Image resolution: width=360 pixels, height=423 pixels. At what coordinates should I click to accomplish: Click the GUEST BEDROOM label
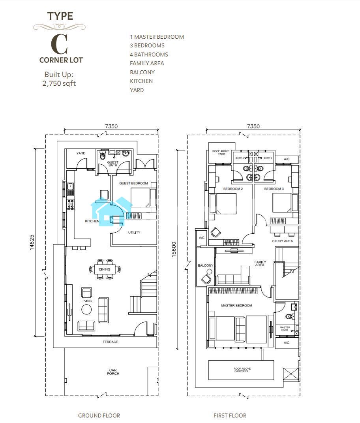[133, 183]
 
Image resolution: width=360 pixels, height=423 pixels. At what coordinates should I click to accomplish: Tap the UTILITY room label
[134, 232]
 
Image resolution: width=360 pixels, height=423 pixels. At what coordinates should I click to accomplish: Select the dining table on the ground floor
[105, 269]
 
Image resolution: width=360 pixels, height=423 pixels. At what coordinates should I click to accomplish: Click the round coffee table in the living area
[86, 309]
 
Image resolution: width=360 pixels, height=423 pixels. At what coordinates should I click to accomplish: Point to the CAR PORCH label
[113, 372]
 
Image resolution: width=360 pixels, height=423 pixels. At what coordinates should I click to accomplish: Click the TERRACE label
[110, 342]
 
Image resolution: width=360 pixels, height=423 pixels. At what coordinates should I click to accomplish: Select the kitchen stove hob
[70, 204]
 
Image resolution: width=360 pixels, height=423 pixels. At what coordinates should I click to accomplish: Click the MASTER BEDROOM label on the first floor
[236, 305]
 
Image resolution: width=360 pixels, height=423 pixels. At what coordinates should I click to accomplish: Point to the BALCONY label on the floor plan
[206, 265]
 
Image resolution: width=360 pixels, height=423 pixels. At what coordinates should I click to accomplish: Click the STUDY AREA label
[282, 241]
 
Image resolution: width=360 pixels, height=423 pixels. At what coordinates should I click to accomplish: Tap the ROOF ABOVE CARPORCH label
[242, 370]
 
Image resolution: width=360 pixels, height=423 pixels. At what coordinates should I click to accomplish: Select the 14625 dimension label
[32, 242]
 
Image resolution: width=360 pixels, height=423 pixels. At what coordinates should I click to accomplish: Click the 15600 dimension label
[174, 249]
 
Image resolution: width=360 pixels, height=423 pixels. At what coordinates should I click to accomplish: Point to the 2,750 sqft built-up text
[59, 83]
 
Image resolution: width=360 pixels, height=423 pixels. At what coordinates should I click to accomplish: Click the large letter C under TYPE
[59, 44]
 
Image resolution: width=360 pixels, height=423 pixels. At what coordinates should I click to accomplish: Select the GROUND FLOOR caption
[99, 415]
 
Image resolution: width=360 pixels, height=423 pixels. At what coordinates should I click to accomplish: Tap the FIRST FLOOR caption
[230, 415]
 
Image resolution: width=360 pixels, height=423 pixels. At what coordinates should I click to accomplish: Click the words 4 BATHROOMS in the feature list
[149, 55]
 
